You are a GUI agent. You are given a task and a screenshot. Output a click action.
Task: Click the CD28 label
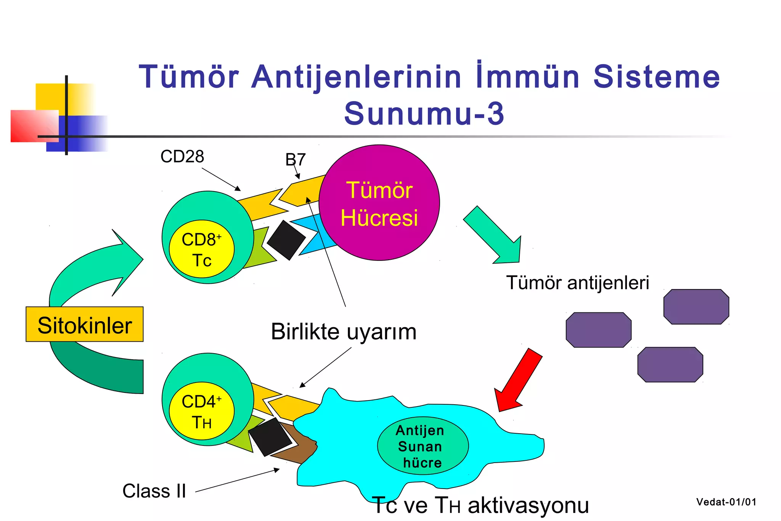pyautogui.click(x=182, y=156)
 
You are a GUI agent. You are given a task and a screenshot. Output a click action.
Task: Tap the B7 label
pyautogui.click(x=296, y=159)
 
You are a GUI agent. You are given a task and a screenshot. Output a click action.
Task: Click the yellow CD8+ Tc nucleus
pyautogui.click(x=202, y=249)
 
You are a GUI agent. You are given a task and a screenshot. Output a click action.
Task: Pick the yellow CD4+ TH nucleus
pyautogui.click(x=202, y=411)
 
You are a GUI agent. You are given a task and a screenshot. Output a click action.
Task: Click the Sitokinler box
pyautogui.click(x=85, y=325)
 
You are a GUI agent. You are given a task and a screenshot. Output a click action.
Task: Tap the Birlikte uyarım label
pyautogui.click(x=343, y=331)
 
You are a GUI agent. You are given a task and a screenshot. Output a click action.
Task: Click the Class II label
pyautogui.click(x=154, y=491)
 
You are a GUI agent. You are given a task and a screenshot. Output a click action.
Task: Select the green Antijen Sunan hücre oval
pyautogui.click(x=423, y=445)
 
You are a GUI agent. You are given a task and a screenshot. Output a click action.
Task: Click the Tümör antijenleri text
pyautogui.click(x=577, y=283)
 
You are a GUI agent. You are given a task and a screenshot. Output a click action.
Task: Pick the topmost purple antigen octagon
pyautogui.click(x=696, y=307)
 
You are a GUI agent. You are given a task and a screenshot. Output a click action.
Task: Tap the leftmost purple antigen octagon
pyautogui.click(x=598, y=330)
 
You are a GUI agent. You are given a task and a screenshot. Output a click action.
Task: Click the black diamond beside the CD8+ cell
pyautogui.click(x=286, y=240)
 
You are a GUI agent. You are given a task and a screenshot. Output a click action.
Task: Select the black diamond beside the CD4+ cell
pyautogui.click(x=270, y=437)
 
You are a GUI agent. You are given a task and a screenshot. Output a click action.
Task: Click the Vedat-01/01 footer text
pyautogui.click(x=726, y=502)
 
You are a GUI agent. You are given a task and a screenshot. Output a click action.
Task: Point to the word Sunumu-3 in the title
pyautogui.click(x=424, y=113)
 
